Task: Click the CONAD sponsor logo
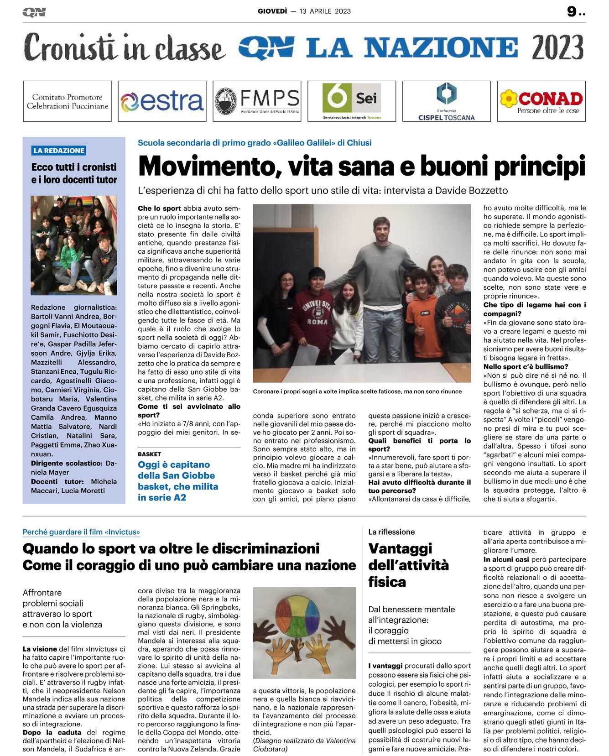pyautogui.click(x=541, y=101)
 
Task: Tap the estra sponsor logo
pyautogui.click(x=162, y=101)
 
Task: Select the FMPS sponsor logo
pyautogui.click(x=257, y=101)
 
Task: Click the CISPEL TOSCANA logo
pyautogui.click(x=446, y=101)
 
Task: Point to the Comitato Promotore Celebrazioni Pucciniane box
pyautogui.click(x=67, y=101)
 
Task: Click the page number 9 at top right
pyautogui.click(x=572, y=11)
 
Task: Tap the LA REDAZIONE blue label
pyautogui.click(x=59, y=151)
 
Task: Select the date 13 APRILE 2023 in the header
pyautogui.click(x=325, y=11)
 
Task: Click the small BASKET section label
pyautogui.click(x=149, y=454)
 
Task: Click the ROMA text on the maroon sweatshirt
pyautogui.click(x=318, y=322)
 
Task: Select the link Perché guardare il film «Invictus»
pyautogui.click(x=81, y=532)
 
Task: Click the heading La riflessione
pyautogui.click(x=391, y=532)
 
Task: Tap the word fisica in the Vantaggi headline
pyautogui.click(x=387, y=582)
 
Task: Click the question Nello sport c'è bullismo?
pyautogui.click(x=520, y=367)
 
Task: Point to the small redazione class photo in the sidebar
pyautogui.click(x=73, y=245)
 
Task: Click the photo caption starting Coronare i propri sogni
pyautogui.click(x=357, y=391)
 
